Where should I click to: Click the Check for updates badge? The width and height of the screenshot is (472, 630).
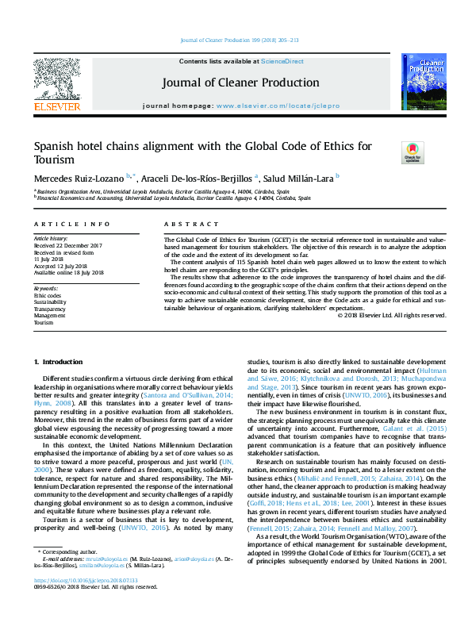[413, 152]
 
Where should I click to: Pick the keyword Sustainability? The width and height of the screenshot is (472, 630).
[49, 302]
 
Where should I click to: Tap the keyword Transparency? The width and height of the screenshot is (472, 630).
[49, 309]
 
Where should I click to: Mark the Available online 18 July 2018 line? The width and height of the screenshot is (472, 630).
[69, 272]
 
